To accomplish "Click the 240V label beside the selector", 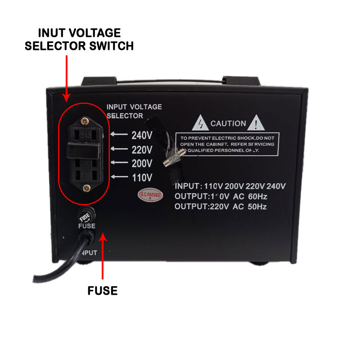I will click(x=142, y=135).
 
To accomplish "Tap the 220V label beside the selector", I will click(x=142, y=149).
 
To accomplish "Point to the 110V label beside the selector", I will click(x=142, y=177).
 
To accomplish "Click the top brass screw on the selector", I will click(x=84, y=120).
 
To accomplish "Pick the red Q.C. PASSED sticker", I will click(x=150, y=193).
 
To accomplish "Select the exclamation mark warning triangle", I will click(x=257, y=123).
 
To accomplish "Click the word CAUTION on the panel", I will click(x=228, y=123).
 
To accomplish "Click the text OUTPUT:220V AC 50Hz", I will click(x=220, y=207).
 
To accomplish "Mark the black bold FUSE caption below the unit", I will click(x=102, y=291).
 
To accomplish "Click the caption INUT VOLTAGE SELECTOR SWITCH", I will click(x=79, y=39).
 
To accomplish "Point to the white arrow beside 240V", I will click(x=118, y=135).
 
